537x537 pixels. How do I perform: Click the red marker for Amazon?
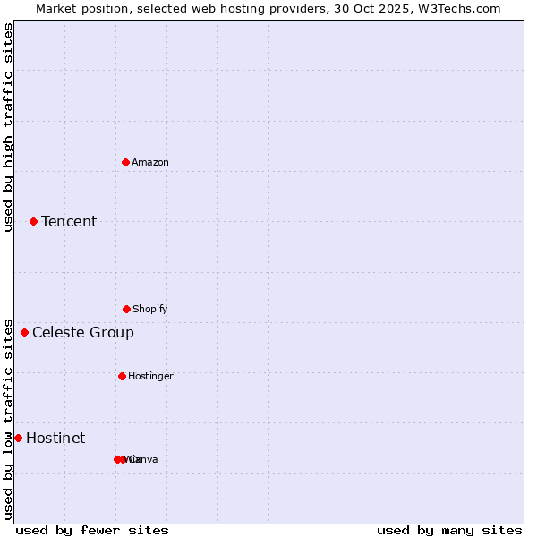[125, 162]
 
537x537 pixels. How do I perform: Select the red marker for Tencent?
[33, 221]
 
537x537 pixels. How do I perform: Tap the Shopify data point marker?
[126, 309]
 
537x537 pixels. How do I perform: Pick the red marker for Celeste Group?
[24, 332]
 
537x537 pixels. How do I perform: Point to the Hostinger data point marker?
[122, 376]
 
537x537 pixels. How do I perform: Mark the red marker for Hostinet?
[18, 438]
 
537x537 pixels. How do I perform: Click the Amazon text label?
[150, 162]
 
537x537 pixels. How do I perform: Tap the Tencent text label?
[69, 221]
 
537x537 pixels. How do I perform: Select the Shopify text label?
[150, 309]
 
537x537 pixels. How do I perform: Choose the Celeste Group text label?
[83, 332]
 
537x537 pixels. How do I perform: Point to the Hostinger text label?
[150, 376]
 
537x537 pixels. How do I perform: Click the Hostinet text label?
[55, 438]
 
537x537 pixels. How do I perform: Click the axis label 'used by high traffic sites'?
[9, 127]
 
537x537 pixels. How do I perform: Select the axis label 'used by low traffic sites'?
[9, 419]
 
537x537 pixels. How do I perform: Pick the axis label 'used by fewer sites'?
[92, 530]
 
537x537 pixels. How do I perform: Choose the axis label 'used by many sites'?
[449, 530]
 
